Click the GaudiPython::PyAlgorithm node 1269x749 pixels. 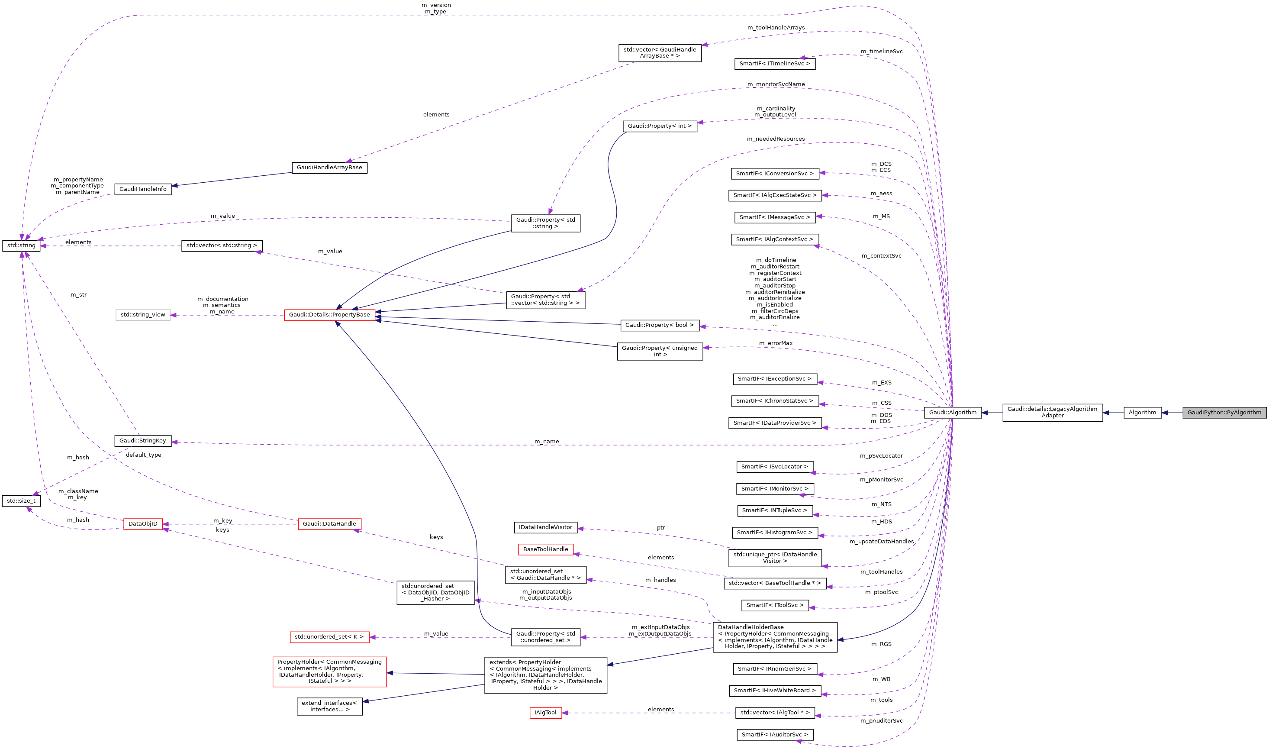(1224, 412)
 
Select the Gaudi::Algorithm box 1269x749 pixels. (952, 412)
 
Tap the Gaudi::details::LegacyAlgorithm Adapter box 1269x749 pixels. (1052, 412)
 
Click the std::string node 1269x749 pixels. (21, 245)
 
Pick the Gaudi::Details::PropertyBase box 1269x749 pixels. (329, 314)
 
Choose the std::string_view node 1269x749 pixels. (143, 314)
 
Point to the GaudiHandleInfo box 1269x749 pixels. (143, 189)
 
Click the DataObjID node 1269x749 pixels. (143, 523)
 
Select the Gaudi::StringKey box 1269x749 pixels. (143, 441)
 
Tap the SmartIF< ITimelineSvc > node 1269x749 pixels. (775, 64)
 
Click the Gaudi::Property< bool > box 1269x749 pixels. (660, 325)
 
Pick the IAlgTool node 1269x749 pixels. (545, 712)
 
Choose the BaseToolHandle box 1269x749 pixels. (545, 549)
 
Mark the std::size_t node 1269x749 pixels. (21, 500)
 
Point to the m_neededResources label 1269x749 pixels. (776, 139)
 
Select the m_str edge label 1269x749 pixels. (79, 295)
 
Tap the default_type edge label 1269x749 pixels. (143, 455)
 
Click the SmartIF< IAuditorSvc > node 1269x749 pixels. (775, 734)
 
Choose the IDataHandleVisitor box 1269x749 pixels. (545, 527)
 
